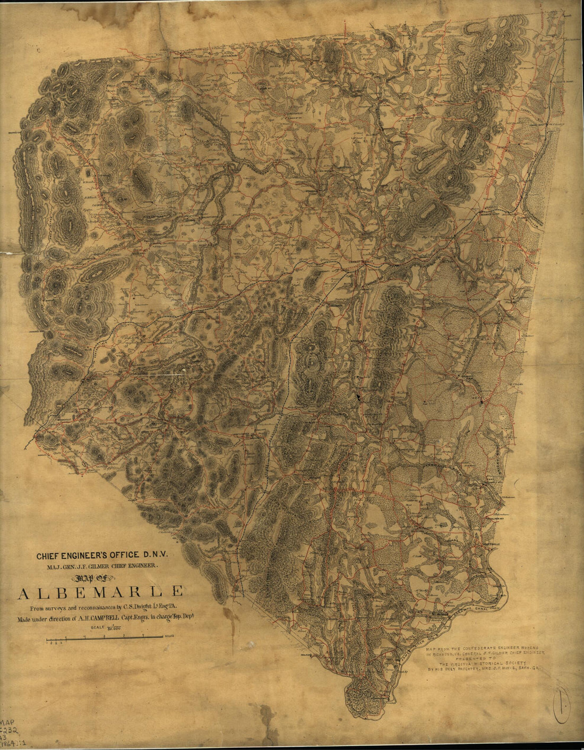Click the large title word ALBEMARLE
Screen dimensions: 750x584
(x=101, y=592)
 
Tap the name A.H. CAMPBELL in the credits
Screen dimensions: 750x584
(x=101, y=618)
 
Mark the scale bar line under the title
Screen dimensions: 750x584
(x=104, y=636)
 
